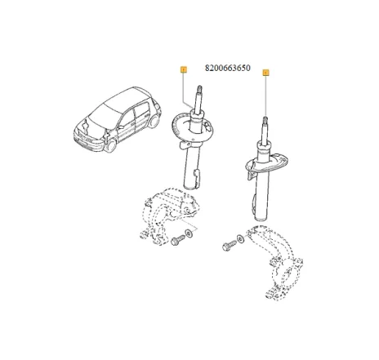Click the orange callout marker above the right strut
click(x=266, y=73)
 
